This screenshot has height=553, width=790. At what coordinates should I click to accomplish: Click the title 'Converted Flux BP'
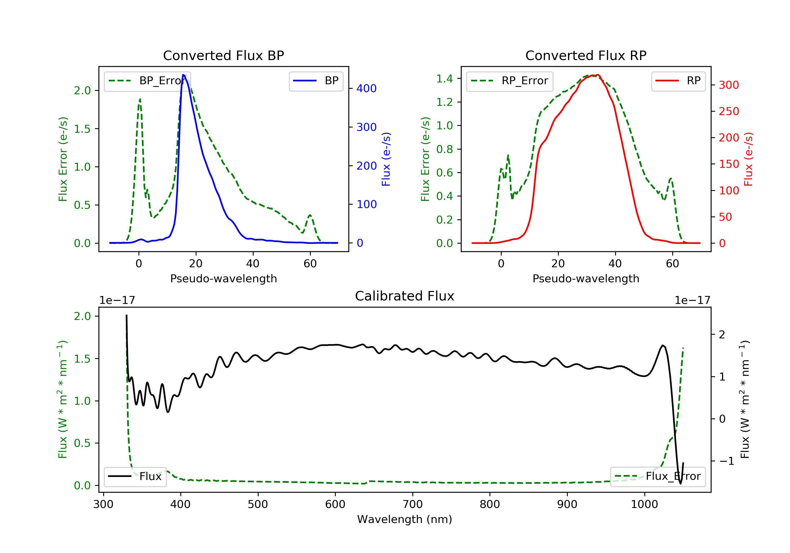point(223,55)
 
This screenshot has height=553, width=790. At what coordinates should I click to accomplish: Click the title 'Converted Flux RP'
point(586,55)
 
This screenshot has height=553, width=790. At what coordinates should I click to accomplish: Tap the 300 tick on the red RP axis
point(729,85)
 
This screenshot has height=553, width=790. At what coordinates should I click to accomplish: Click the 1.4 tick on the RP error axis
point(445,79)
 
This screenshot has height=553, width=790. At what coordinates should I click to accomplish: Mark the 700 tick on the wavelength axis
point(413,505)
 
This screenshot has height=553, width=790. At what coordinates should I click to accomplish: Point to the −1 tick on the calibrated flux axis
point(726,461)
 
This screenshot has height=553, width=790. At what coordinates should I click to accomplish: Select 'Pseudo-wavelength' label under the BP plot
point(223,279)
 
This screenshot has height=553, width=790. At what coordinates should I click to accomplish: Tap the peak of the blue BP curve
point(183,75)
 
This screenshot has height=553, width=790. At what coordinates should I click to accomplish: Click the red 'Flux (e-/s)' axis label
point(749,159)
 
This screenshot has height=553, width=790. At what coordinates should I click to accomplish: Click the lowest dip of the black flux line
point(680,484)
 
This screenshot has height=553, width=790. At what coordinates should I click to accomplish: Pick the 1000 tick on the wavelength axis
point(644,505)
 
